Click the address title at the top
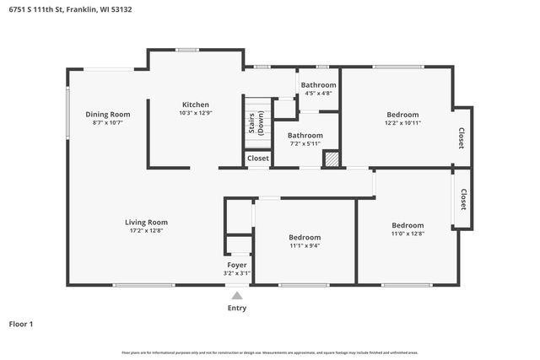[71, 9]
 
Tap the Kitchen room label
[195, 105]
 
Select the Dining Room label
[107, 114]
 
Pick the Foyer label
[236, 265]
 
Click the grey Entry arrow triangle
[237, 296]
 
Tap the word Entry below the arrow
[237, 308]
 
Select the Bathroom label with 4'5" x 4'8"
[318, 85]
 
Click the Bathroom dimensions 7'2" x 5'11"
[305, 143]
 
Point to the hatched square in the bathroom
[332, 159]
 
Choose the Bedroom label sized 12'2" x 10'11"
[402, 115]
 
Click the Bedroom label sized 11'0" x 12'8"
[408, 225]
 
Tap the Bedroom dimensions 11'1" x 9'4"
[304, 246]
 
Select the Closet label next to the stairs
[258, 158]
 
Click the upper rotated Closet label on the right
[462, 138]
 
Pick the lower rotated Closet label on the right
[463, 199]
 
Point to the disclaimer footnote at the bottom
[269, 352]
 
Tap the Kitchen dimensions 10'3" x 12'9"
[195, 113]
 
